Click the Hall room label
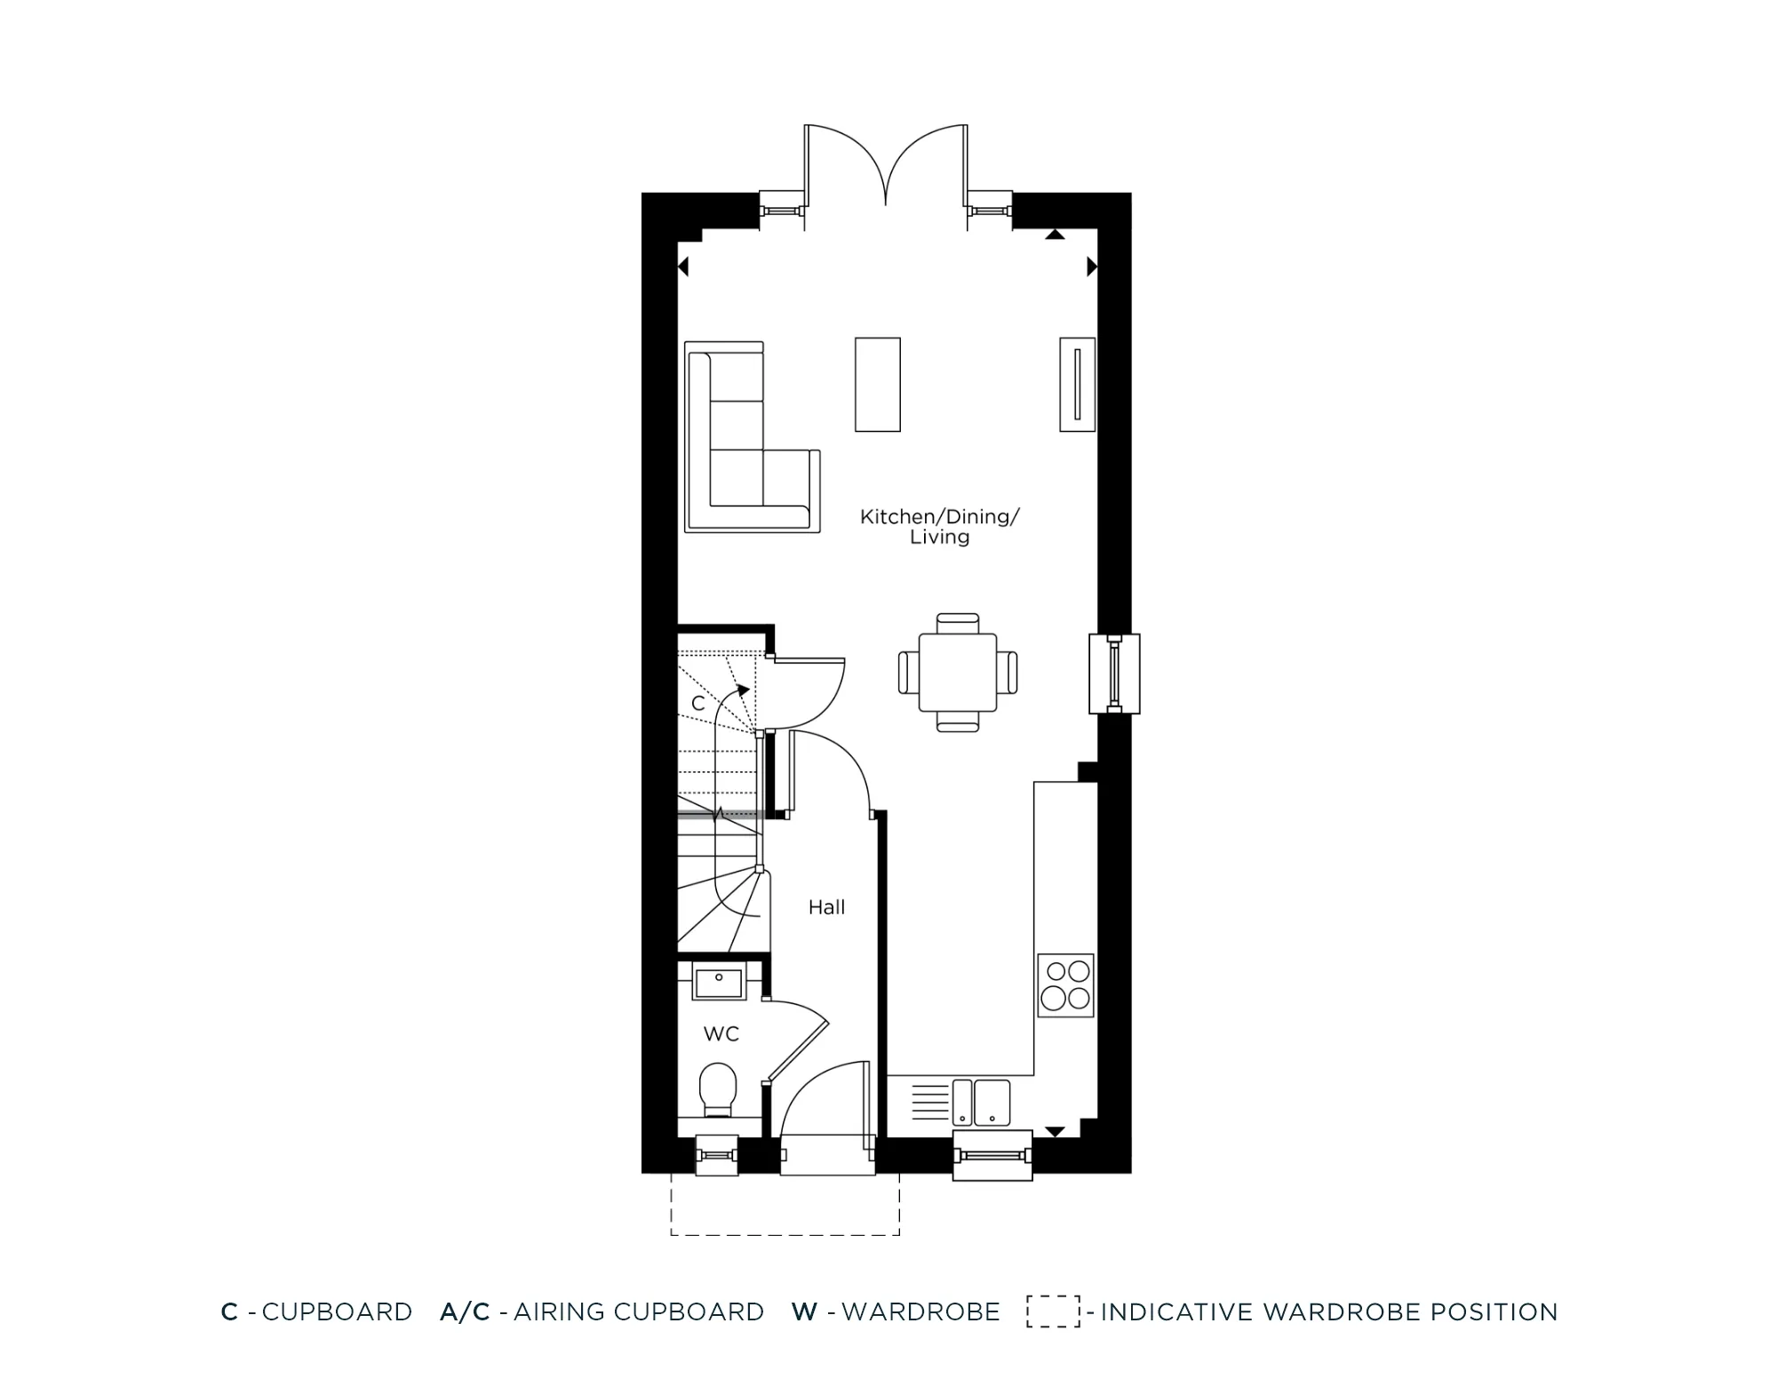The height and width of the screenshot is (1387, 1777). point(826,907)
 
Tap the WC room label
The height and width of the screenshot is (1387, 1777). point(721,1033)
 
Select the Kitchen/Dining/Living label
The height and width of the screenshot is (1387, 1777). point(939,527)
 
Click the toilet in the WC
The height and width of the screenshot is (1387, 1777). point(718,1088)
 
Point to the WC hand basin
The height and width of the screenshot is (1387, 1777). point(719,984)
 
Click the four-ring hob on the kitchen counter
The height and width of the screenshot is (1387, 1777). point(1065,984)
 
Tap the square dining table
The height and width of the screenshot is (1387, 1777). point(958,672)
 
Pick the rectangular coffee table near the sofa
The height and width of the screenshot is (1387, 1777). point(878,384)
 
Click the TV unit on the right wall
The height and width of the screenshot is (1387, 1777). point(1077,384)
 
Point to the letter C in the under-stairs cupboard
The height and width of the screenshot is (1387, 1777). point(698,704)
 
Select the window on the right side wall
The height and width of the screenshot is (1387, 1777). point(1113,674)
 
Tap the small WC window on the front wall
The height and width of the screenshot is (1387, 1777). point(716,1155)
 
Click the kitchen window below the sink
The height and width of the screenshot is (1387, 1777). point(992,1155)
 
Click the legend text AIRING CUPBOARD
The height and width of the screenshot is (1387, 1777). point(638,1311)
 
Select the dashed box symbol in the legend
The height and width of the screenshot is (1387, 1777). point(1053,1311)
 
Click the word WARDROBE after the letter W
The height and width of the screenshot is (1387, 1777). point(920,1311)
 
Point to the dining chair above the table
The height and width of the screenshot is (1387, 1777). point(958,621)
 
